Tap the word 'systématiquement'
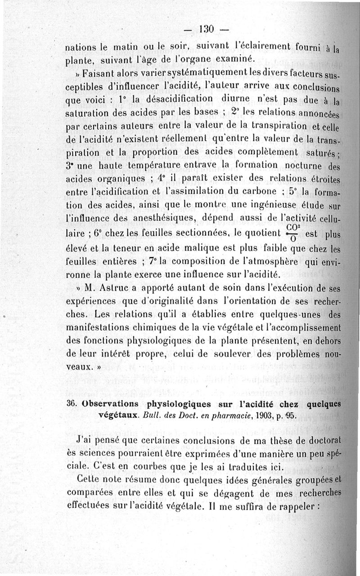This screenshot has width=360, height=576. [x=175, y=74]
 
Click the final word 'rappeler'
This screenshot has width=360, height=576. [x=296, y=505]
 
